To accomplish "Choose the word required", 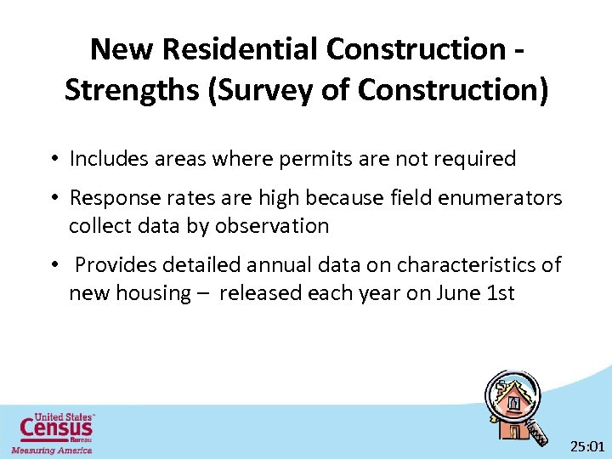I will pyautogui.click(x=473, y=159).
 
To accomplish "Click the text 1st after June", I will pyautogui.click(x=501, y=293).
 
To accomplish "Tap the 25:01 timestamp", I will pyautogui.click(x=586, y=445).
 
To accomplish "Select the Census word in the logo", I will pyautogui.click(x=56, y=427).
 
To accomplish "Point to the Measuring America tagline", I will pyautogui.click(x=51, y=450).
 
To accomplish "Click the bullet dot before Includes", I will pyautogui.click(x=53, y=160).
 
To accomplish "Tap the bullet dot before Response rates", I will pyautogui.click(x=53, y=199).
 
